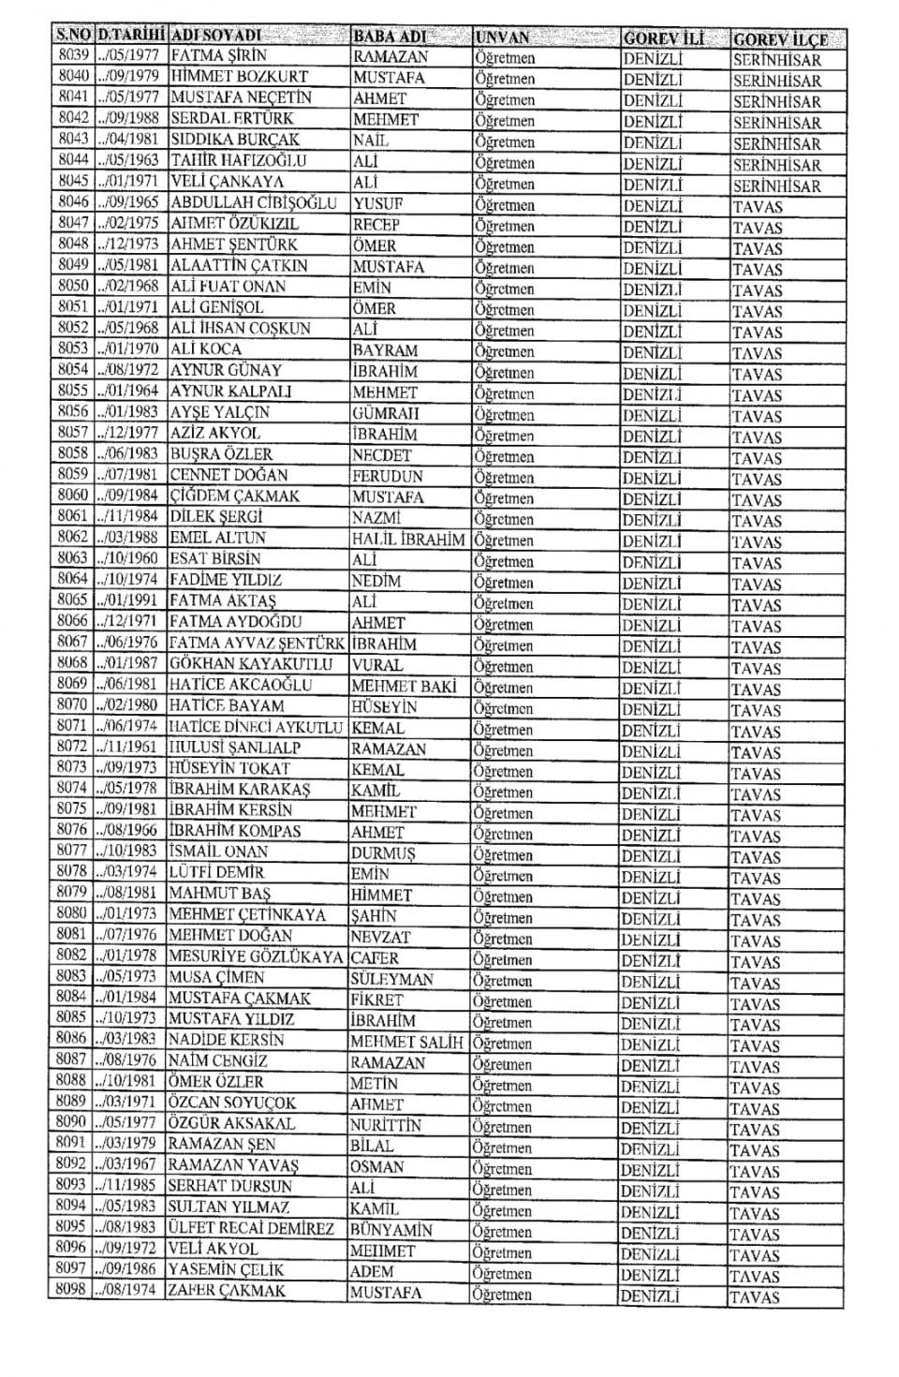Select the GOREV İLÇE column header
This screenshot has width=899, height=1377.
[780, 39]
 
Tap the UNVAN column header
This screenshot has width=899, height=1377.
[502, 38]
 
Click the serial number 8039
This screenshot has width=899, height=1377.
[72, 55]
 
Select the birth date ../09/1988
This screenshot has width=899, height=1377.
[130, 118]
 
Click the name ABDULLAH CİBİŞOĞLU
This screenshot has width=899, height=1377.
[253, 202]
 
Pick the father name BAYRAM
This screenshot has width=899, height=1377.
[386, 350]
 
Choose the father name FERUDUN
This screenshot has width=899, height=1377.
[388, 476]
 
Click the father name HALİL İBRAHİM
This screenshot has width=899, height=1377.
[408, 539]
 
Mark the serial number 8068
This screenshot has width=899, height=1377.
[72, 663]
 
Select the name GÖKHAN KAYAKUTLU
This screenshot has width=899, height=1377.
[251, 664]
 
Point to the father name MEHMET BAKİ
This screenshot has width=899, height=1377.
[404, 686]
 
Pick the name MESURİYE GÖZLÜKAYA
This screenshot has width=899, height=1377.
[256, 957]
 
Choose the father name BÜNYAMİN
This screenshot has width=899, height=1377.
[391, 1230]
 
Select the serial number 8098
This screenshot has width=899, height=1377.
[71, 1290]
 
